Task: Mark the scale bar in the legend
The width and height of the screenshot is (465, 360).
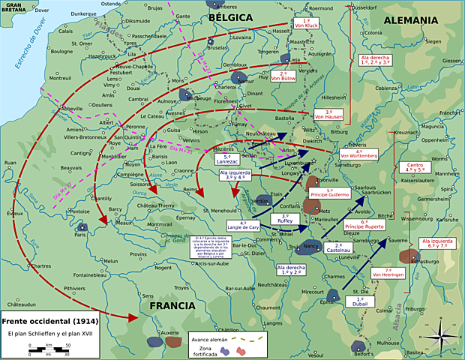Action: (49, 349)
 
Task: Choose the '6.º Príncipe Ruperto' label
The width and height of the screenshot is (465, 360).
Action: (364, 223)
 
